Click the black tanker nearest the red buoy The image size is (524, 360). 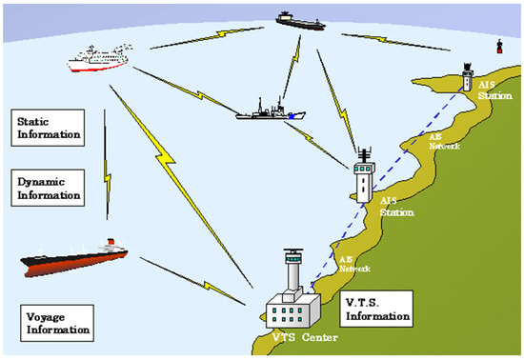(x=300, y=17)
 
